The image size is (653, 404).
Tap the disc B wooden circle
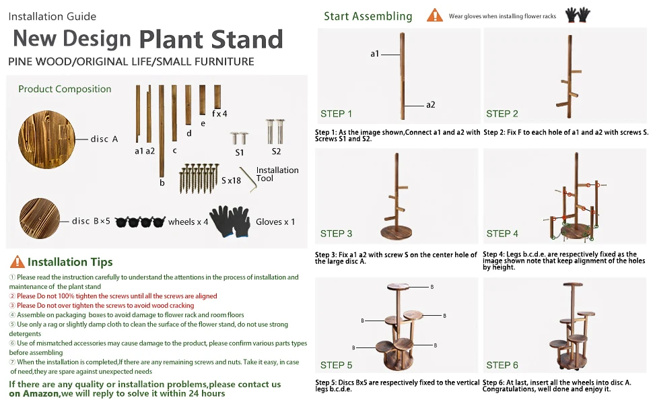click(x=40, y=218)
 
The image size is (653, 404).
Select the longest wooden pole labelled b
click(x=162, y=131)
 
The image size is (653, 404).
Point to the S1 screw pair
click(x=239, y=138)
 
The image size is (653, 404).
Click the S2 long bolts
click(x=275, y=131)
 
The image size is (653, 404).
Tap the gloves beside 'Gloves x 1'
click(x=230, y=222)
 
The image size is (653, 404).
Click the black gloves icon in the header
click(x=578, y=15)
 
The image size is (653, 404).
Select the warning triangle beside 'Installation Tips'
click(x=17, y=261)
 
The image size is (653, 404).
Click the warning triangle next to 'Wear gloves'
click(x=435, y=15)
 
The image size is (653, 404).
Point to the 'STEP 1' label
click(x=336, y=114)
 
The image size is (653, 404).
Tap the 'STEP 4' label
click(x=502, y=234)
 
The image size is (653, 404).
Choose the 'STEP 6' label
click(x=502, y=365)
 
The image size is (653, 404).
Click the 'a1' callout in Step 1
click(x=375, y=54)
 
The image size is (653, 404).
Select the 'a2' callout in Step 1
click(x=431, y=105)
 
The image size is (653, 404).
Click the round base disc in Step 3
click(x=397, y=232)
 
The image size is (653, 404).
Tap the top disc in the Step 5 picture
click(x=398, y=287)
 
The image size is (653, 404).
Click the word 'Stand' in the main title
click(x=247, y=40)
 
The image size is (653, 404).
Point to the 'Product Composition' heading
click(x=65, y=89)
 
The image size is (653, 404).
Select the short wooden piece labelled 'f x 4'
click(x=217, y=97)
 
